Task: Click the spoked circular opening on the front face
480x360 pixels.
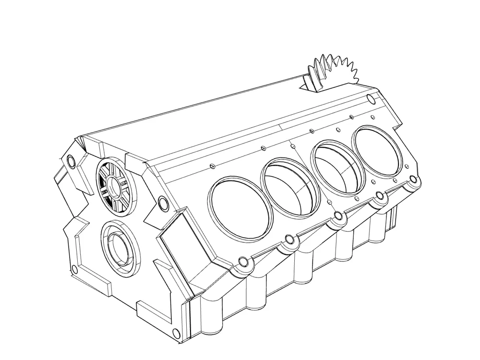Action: pyautogui.click(x=115, y=185)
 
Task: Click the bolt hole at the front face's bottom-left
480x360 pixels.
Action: pyautogui.click(x=74, y=269)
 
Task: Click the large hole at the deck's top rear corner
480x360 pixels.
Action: pyautogui.click(x=370, y=99)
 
